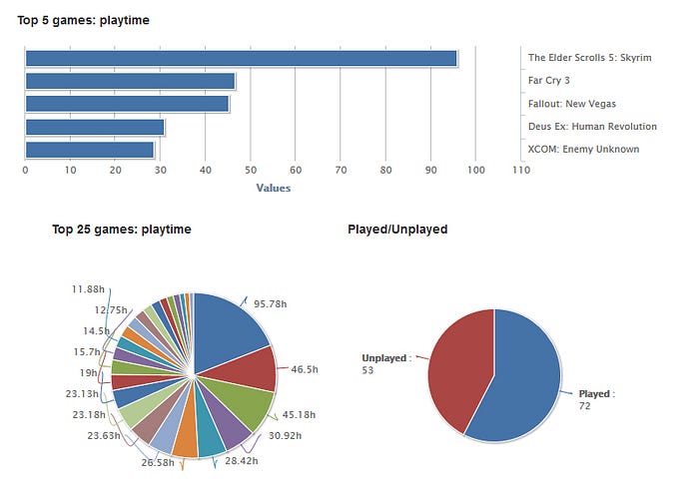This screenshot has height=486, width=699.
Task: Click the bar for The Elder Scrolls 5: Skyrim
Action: click(x=240, y=58)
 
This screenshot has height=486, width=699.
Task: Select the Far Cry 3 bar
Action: click(x=130, y=81)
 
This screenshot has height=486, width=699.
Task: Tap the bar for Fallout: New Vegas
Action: click(x=127, y=104)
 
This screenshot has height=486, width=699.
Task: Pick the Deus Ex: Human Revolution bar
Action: click(x=94, y=127)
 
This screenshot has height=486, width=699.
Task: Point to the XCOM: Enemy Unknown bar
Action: click(x=90, y=150)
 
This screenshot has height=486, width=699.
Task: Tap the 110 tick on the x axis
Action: click(x=519, y=171)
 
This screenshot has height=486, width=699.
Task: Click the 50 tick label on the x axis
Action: click(x=250, y=171)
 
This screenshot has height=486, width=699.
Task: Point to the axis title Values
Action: click(x=273, y=187)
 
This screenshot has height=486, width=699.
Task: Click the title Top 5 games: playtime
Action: click(x=84, y=20)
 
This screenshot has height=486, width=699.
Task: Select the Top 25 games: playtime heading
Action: click(x=121, y=230)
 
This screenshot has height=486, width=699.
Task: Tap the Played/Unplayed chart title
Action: click(x=397, y=230)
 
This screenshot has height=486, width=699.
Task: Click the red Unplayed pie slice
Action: click(x=459, y=369)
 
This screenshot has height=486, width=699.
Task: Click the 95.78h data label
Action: click(x=271, y=303)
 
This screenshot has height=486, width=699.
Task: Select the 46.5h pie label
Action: click(x=305, y=369)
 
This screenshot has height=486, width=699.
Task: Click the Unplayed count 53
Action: click(x=368, y=370)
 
